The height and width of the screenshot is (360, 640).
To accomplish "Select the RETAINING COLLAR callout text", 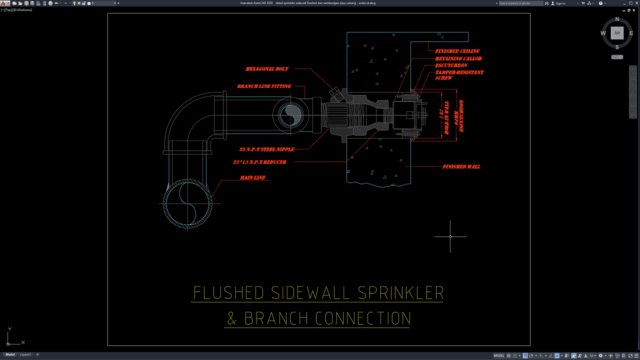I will [458, 59].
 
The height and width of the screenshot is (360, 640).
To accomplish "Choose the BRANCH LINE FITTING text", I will [264, 87].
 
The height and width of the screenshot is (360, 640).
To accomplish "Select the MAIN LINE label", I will [253, 178].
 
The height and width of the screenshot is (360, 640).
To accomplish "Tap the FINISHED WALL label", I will [460, 166].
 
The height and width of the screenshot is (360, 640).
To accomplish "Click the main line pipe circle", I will [186, 204].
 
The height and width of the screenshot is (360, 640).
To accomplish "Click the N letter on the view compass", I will [617, 19].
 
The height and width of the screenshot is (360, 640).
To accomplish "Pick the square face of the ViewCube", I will [617, 33].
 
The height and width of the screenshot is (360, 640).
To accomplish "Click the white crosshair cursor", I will [452, 236].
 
